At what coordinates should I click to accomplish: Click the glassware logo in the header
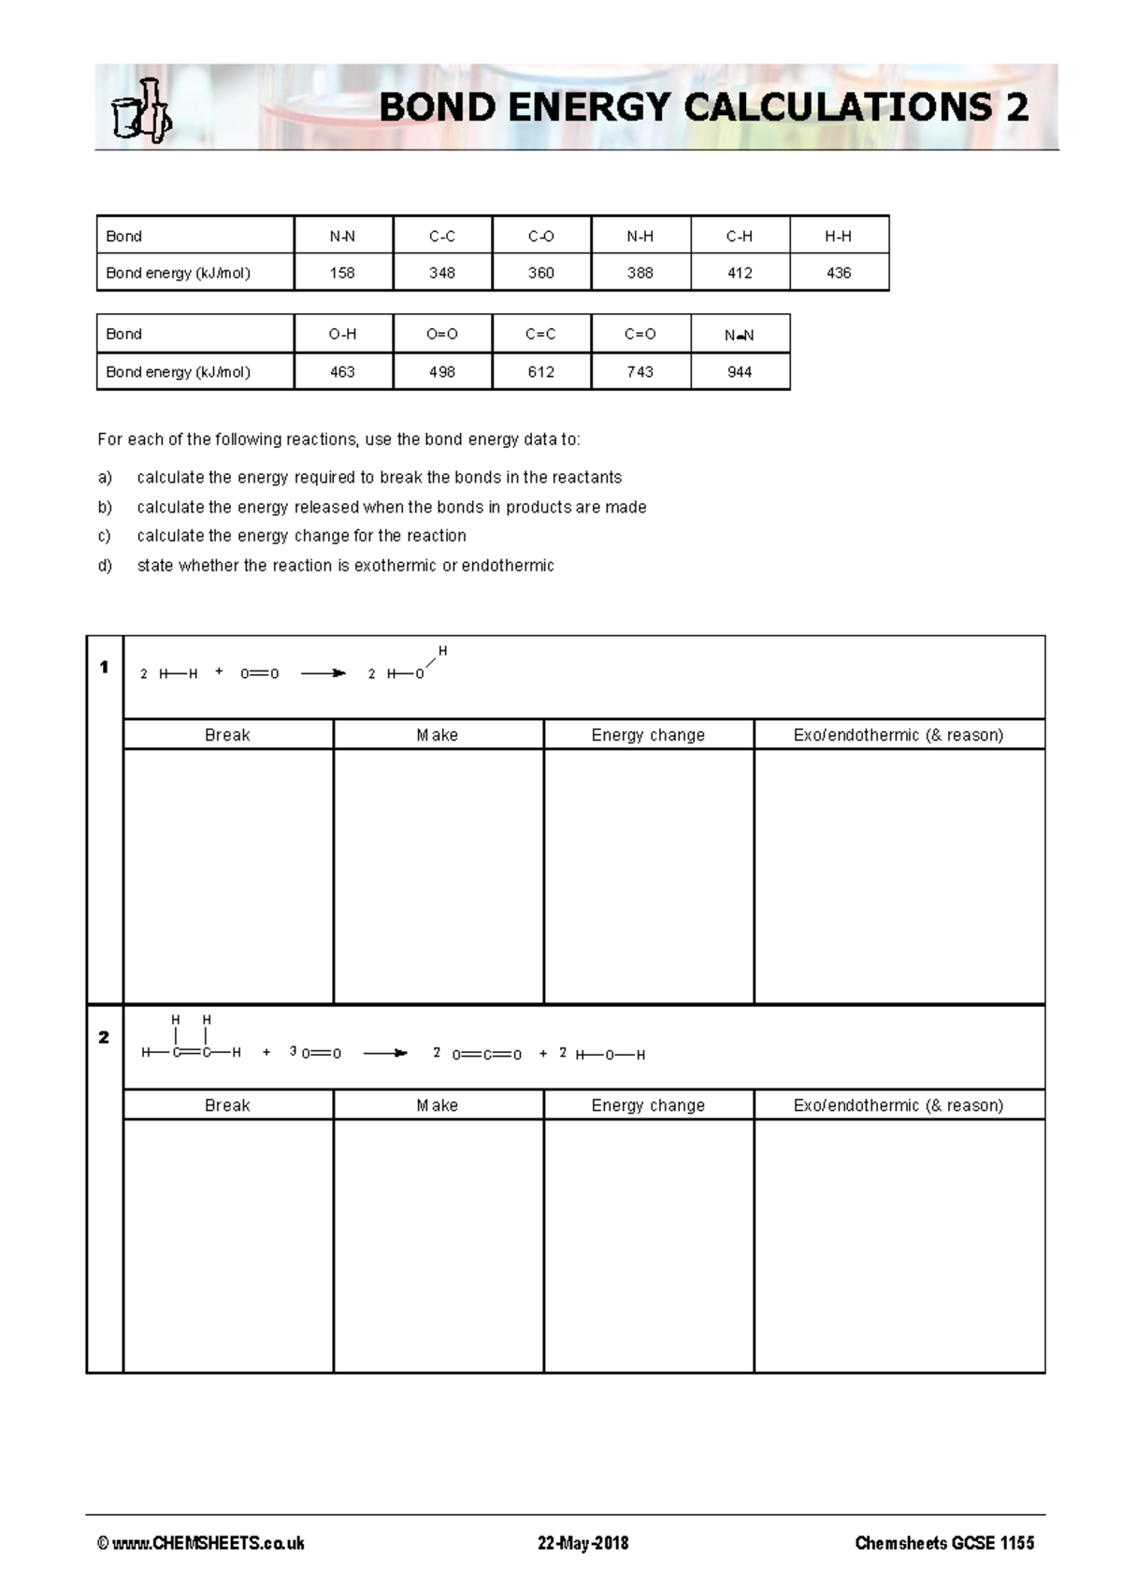coord(141,110)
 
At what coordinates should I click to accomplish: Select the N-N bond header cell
coord(343,236)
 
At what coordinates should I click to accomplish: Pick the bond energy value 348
coord(442,273)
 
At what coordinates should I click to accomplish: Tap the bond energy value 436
coord(839,273)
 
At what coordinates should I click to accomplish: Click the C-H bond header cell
coord(740,236)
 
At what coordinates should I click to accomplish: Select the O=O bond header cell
coord(442,334)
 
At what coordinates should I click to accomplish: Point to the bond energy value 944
coord(740,372)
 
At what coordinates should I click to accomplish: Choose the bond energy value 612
coord(541,372)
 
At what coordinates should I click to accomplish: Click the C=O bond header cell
coord(640,334)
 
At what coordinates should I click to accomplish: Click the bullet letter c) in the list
coord(105,536)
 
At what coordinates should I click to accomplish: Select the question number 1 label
coord(104,668)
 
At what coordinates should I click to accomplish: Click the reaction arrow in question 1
coord(324,673)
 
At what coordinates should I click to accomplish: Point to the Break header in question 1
coord(227,735)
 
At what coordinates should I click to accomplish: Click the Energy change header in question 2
coord(648,1105)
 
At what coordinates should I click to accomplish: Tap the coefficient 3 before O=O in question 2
coord(293,1051)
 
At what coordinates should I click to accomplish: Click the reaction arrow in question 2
coord(385,1054)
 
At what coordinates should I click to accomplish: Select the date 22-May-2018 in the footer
coord(583,1543)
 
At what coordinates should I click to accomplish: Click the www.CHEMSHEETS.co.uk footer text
coord(201,1543)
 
